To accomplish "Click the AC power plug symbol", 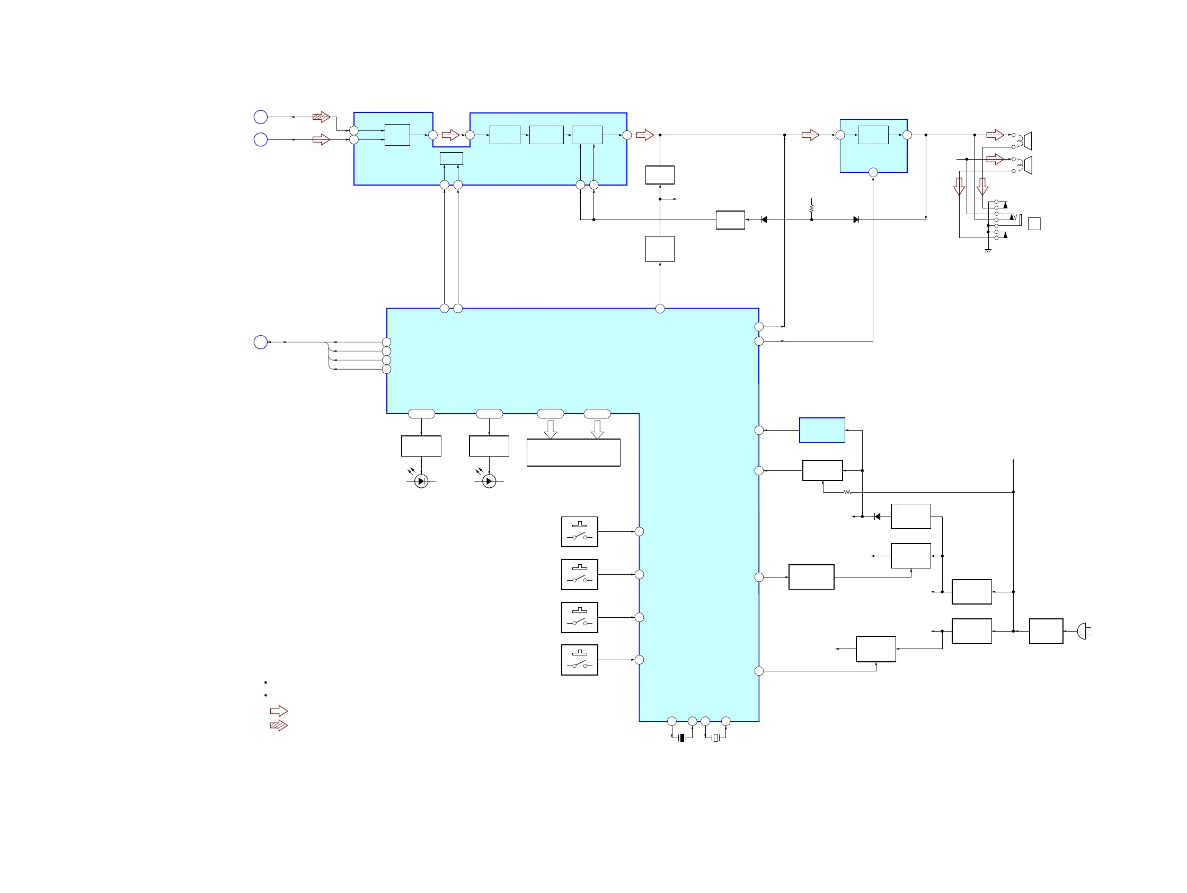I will pos(1084,631).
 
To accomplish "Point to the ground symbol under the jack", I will pos(988,251).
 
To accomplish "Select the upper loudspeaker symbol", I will pos(1027,141).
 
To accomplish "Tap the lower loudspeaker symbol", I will pos(1027,165).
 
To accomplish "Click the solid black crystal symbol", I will pos(682,738).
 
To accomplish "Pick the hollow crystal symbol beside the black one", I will pos(715,738).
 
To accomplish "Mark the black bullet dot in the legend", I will pos(265,682).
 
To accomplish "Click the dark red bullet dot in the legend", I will pos(265,695).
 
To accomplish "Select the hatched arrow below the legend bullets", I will pos(279,725).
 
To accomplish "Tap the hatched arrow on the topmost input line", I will pos(321,117).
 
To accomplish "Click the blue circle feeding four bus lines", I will pos(260,342).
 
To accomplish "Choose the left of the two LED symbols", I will pos(421,481).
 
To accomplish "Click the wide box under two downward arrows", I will pos(573,453).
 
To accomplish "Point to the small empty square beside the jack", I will pos(1034,223).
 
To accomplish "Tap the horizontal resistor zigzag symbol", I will pos(847,492).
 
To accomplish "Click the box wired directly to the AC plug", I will pos(1046,631).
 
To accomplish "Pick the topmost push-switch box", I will pos(580,532).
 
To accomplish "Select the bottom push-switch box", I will pos(580,660).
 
